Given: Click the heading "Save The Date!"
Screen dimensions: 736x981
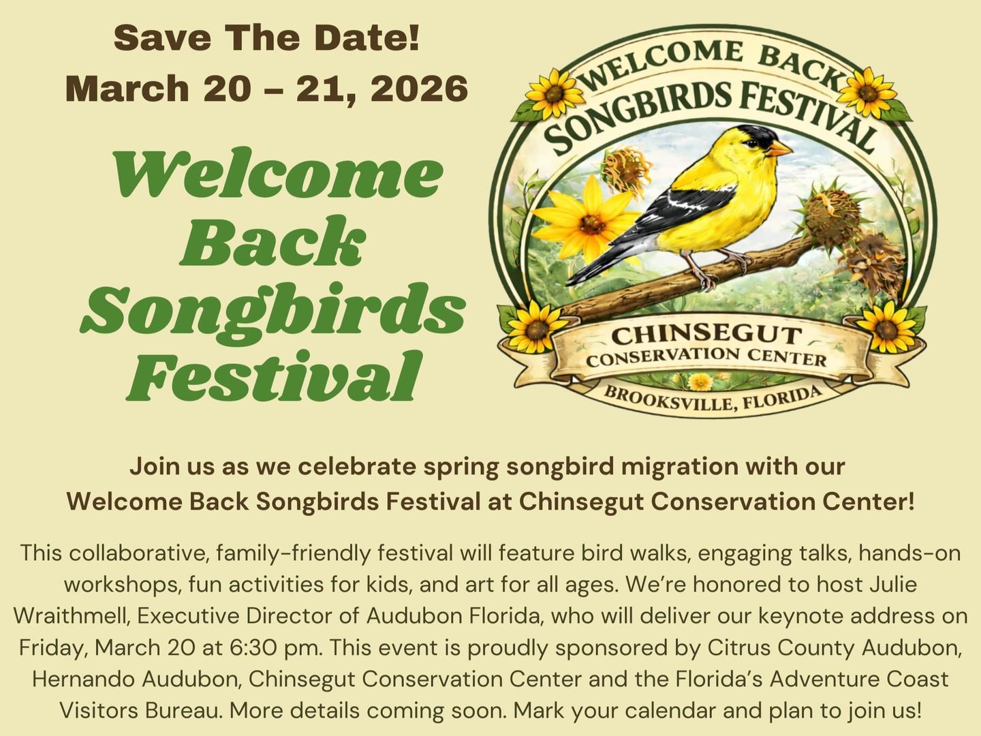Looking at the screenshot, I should click(x=266, y=39).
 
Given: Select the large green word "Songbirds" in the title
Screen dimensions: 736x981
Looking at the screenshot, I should click(x=272, y=307).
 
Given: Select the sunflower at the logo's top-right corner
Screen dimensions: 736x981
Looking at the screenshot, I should click(x=867, y=91).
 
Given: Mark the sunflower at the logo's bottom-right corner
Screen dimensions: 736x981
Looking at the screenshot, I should click(x=886, y=323).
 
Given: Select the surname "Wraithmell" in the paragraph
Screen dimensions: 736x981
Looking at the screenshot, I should click(x=63, y=615).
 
